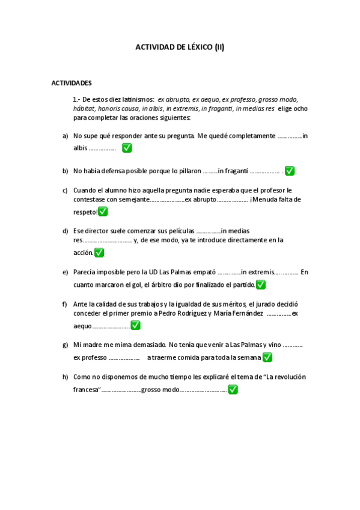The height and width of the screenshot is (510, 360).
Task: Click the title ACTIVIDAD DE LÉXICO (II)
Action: pyautogui.click(x=180, y=47)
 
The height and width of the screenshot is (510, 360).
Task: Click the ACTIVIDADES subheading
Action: pyautogui.click(x=72, y=82)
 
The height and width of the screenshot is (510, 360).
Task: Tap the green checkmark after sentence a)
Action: pyautogui.click(x=127, y=148)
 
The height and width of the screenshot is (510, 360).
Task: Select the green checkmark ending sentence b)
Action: pyautogui.click(x=290, y=171)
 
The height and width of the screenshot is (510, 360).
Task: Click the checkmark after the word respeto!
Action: pyautogui.click(x=103, y=212)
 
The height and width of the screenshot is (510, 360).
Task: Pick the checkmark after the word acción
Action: pyautogui.click(x=99, y=253)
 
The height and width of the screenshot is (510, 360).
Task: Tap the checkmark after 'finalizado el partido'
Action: pyautogui.click(x=261, y=284)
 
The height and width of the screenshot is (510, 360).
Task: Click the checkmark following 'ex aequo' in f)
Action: pyautogui.click(x=136, y=325)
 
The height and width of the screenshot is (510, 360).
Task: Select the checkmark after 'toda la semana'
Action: pyautogui.click(x=267, y=357)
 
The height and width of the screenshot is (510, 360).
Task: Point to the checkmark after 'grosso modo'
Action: pyautogui.click(x=233, y=389)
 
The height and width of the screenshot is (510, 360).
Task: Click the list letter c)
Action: pyautogui.click(x=65, y=191)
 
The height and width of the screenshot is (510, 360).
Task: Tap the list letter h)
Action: pyautogui.click(x=65, y=377)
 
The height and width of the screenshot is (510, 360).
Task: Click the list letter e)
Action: pyautogui.click(x=65, y=272)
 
